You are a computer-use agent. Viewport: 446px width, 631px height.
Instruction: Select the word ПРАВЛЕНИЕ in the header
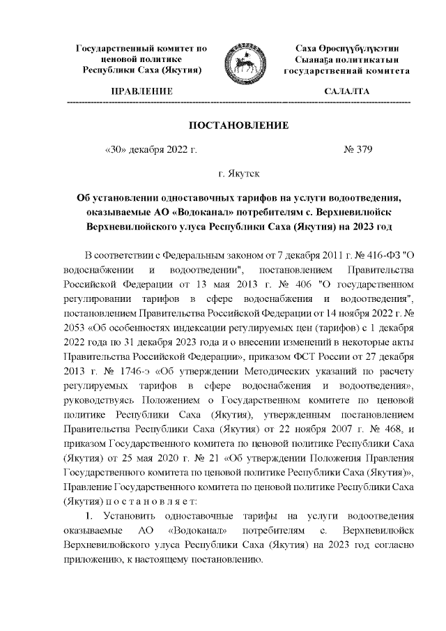(x=137, y=92)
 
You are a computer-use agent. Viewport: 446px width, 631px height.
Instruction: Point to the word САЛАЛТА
(x=347, y=92)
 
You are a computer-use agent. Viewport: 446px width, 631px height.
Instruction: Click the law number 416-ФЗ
(x=369, y=251)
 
